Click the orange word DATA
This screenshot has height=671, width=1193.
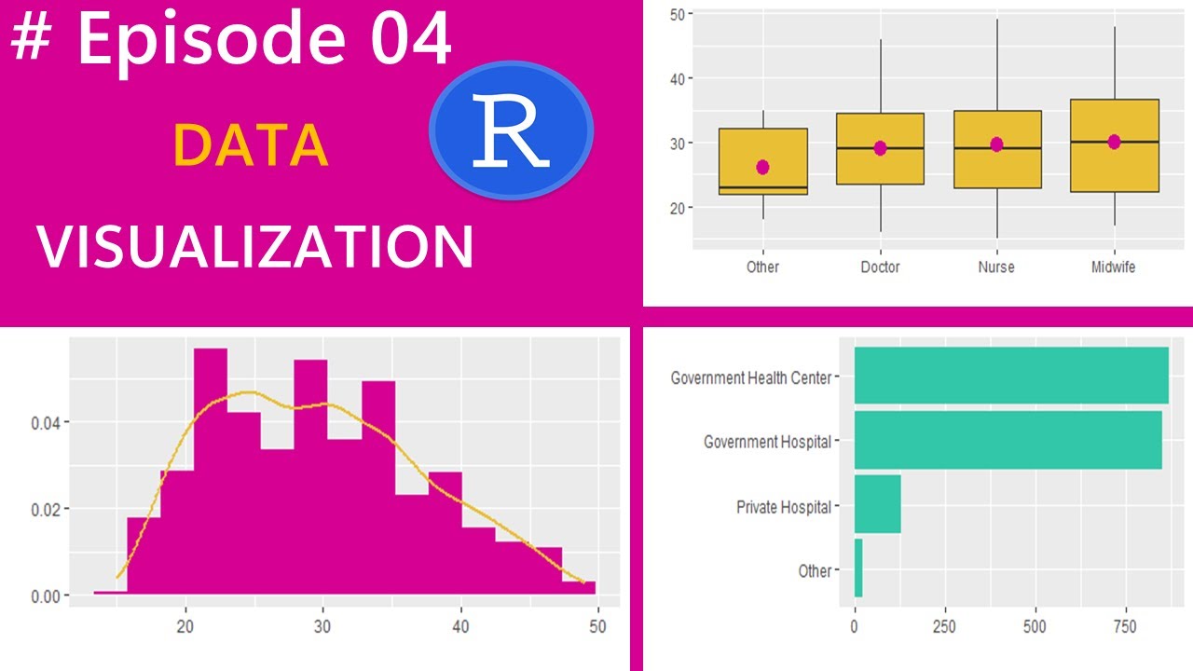251,145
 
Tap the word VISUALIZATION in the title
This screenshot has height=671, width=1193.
255,247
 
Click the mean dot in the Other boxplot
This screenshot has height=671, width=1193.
762,167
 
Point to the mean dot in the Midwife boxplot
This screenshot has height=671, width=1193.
1114,142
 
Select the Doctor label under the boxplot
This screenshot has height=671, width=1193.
880,267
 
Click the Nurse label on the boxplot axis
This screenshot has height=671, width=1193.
996,267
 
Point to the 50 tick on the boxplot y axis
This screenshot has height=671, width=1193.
678,14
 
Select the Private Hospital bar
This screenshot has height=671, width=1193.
877,504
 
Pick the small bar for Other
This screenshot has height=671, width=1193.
858,568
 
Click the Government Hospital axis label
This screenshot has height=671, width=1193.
766,442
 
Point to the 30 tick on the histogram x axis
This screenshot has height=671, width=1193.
322,626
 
